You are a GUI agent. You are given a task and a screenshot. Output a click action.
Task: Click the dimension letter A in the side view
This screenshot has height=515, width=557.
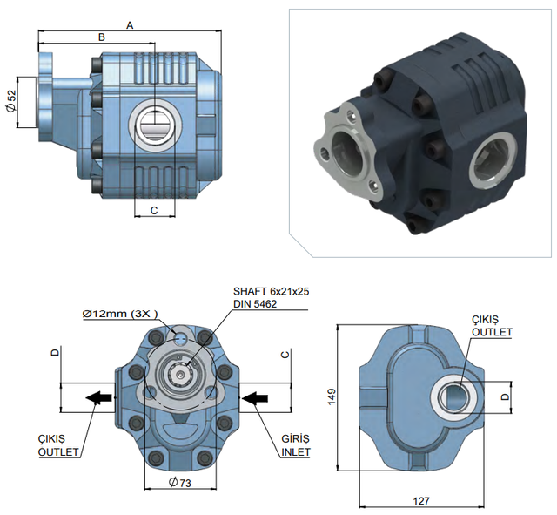click(x=130, y=25)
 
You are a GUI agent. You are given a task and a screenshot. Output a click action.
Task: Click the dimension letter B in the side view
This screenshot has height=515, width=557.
click(x=101, y=37)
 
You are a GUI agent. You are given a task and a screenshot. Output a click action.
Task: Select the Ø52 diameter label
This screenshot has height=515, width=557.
click(x=10, y=101)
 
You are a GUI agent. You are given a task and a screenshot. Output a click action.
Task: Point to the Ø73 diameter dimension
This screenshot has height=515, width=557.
click(x=180, y=482)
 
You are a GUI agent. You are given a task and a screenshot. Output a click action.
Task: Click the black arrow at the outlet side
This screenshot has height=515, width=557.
click(x=101, y=397)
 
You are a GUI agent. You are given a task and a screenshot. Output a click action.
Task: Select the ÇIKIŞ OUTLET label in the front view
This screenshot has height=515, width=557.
click(x=59, y=445)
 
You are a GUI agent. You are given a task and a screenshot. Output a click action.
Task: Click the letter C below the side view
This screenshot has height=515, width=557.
click(x=153, y=210)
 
